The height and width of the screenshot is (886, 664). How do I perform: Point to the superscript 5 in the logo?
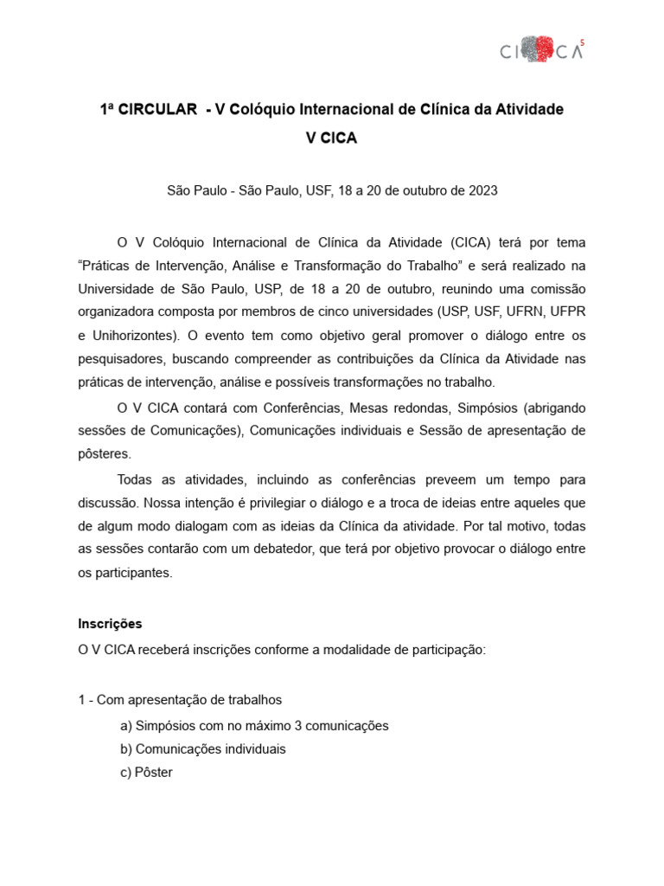click(582, 40)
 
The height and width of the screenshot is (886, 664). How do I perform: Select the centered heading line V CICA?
click(331, 139)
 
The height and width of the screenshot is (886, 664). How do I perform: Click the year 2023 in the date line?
click(482, 190)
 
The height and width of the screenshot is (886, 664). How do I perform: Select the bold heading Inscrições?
click(110, 623)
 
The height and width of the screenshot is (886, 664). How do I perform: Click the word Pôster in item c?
click(155, 772)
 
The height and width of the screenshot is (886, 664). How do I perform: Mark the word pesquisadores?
click(120, 358)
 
